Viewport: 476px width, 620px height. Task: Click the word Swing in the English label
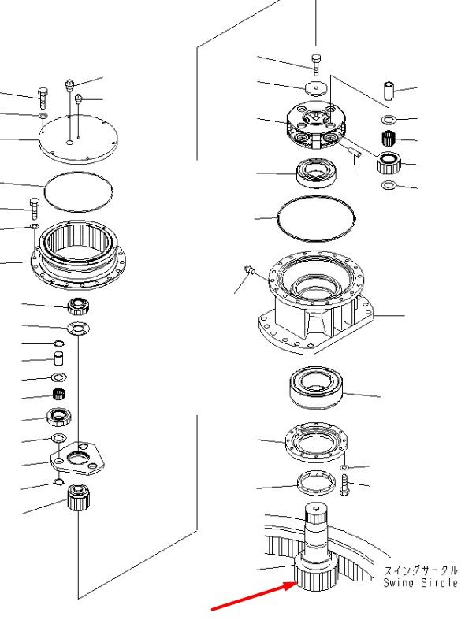[x=399, y=583]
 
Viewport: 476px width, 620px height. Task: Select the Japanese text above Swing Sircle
[x=421, y=570]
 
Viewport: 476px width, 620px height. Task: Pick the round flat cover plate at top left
[x=78, y=139]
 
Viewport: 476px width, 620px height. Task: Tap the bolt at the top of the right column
[x=316, y=65]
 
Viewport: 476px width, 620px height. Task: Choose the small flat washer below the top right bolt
[x=316, y=88]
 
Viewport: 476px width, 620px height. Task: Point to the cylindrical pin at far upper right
[x=389, y=91]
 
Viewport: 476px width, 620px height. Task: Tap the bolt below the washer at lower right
[x=345, y=485]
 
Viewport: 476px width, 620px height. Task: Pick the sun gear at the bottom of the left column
[x=78, y=497]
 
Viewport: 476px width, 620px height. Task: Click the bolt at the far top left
[x=43, y=98]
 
